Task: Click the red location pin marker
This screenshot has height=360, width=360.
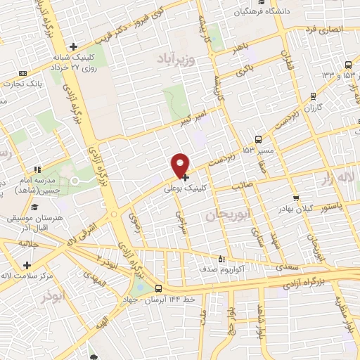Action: pyautogui.click(x=181, y=165)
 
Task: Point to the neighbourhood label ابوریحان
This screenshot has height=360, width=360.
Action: pyautogui.click(x=227, y=215)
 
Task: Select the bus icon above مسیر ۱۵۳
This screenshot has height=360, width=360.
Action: pyautogui.click(x=259, y=139)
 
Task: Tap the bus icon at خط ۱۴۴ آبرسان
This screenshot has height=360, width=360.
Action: pyautogui.click(x=158, y=288)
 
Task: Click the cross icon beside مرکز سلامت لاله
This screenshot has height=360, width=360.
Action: pyautogui.click(x=27, y=265)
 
